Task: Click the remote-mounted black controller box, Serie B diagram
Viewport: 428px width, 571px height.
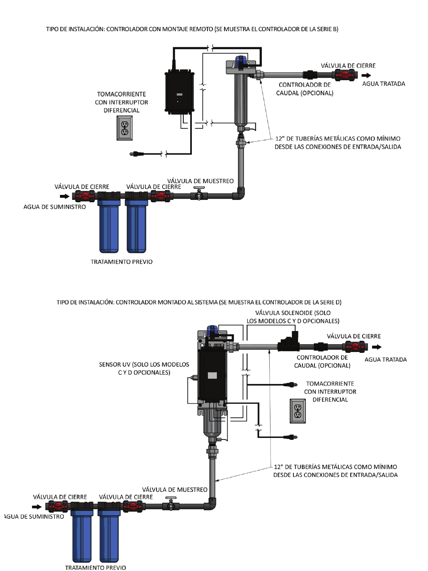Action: click(179, 92)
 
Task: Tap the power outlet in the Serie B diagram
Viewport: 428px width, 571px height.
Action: click(125, 128)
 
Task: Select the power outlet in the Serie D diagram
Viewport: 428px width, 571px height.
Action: click(298, 411)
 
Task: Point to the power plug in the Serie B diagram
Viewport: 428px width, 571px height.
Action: click(136, 154)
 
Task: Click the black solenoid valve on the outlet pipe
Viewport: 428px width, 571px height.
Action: click(288, 344)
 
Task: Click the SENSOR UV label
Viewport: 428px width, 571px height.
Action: click(144, 368)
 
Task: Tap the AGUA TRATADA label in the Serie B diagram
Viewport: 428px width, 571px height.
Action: click(383, 84)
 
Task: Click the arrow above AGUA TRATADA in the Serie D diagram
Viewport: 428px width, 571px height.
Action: click(376, 347)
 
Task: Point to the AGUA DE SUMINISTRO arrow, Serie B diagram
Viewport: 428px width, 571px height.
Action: click(65, 196)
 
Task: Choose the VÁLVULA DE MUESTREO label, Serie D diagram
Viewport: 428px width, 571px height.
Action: click(175, 490)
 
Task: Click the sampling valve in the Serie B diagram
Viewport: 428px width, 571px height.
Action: click(199, 194)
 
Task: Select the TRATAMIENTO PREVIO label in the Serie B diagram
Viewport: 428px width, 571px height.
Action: click(121, 262)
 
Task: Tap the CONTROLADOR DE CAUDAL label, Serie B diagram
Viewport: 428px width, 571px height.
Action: click(305, 89)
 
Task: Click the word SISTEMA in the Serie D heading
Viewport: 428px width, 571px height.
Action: click(206, 302)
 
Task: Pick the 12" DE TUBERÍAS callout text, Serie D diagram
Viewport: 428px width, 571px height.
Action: click(335, 471)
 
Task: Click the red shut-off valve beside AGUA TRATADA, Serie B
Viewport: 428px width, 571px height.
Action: click(346, 75)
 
